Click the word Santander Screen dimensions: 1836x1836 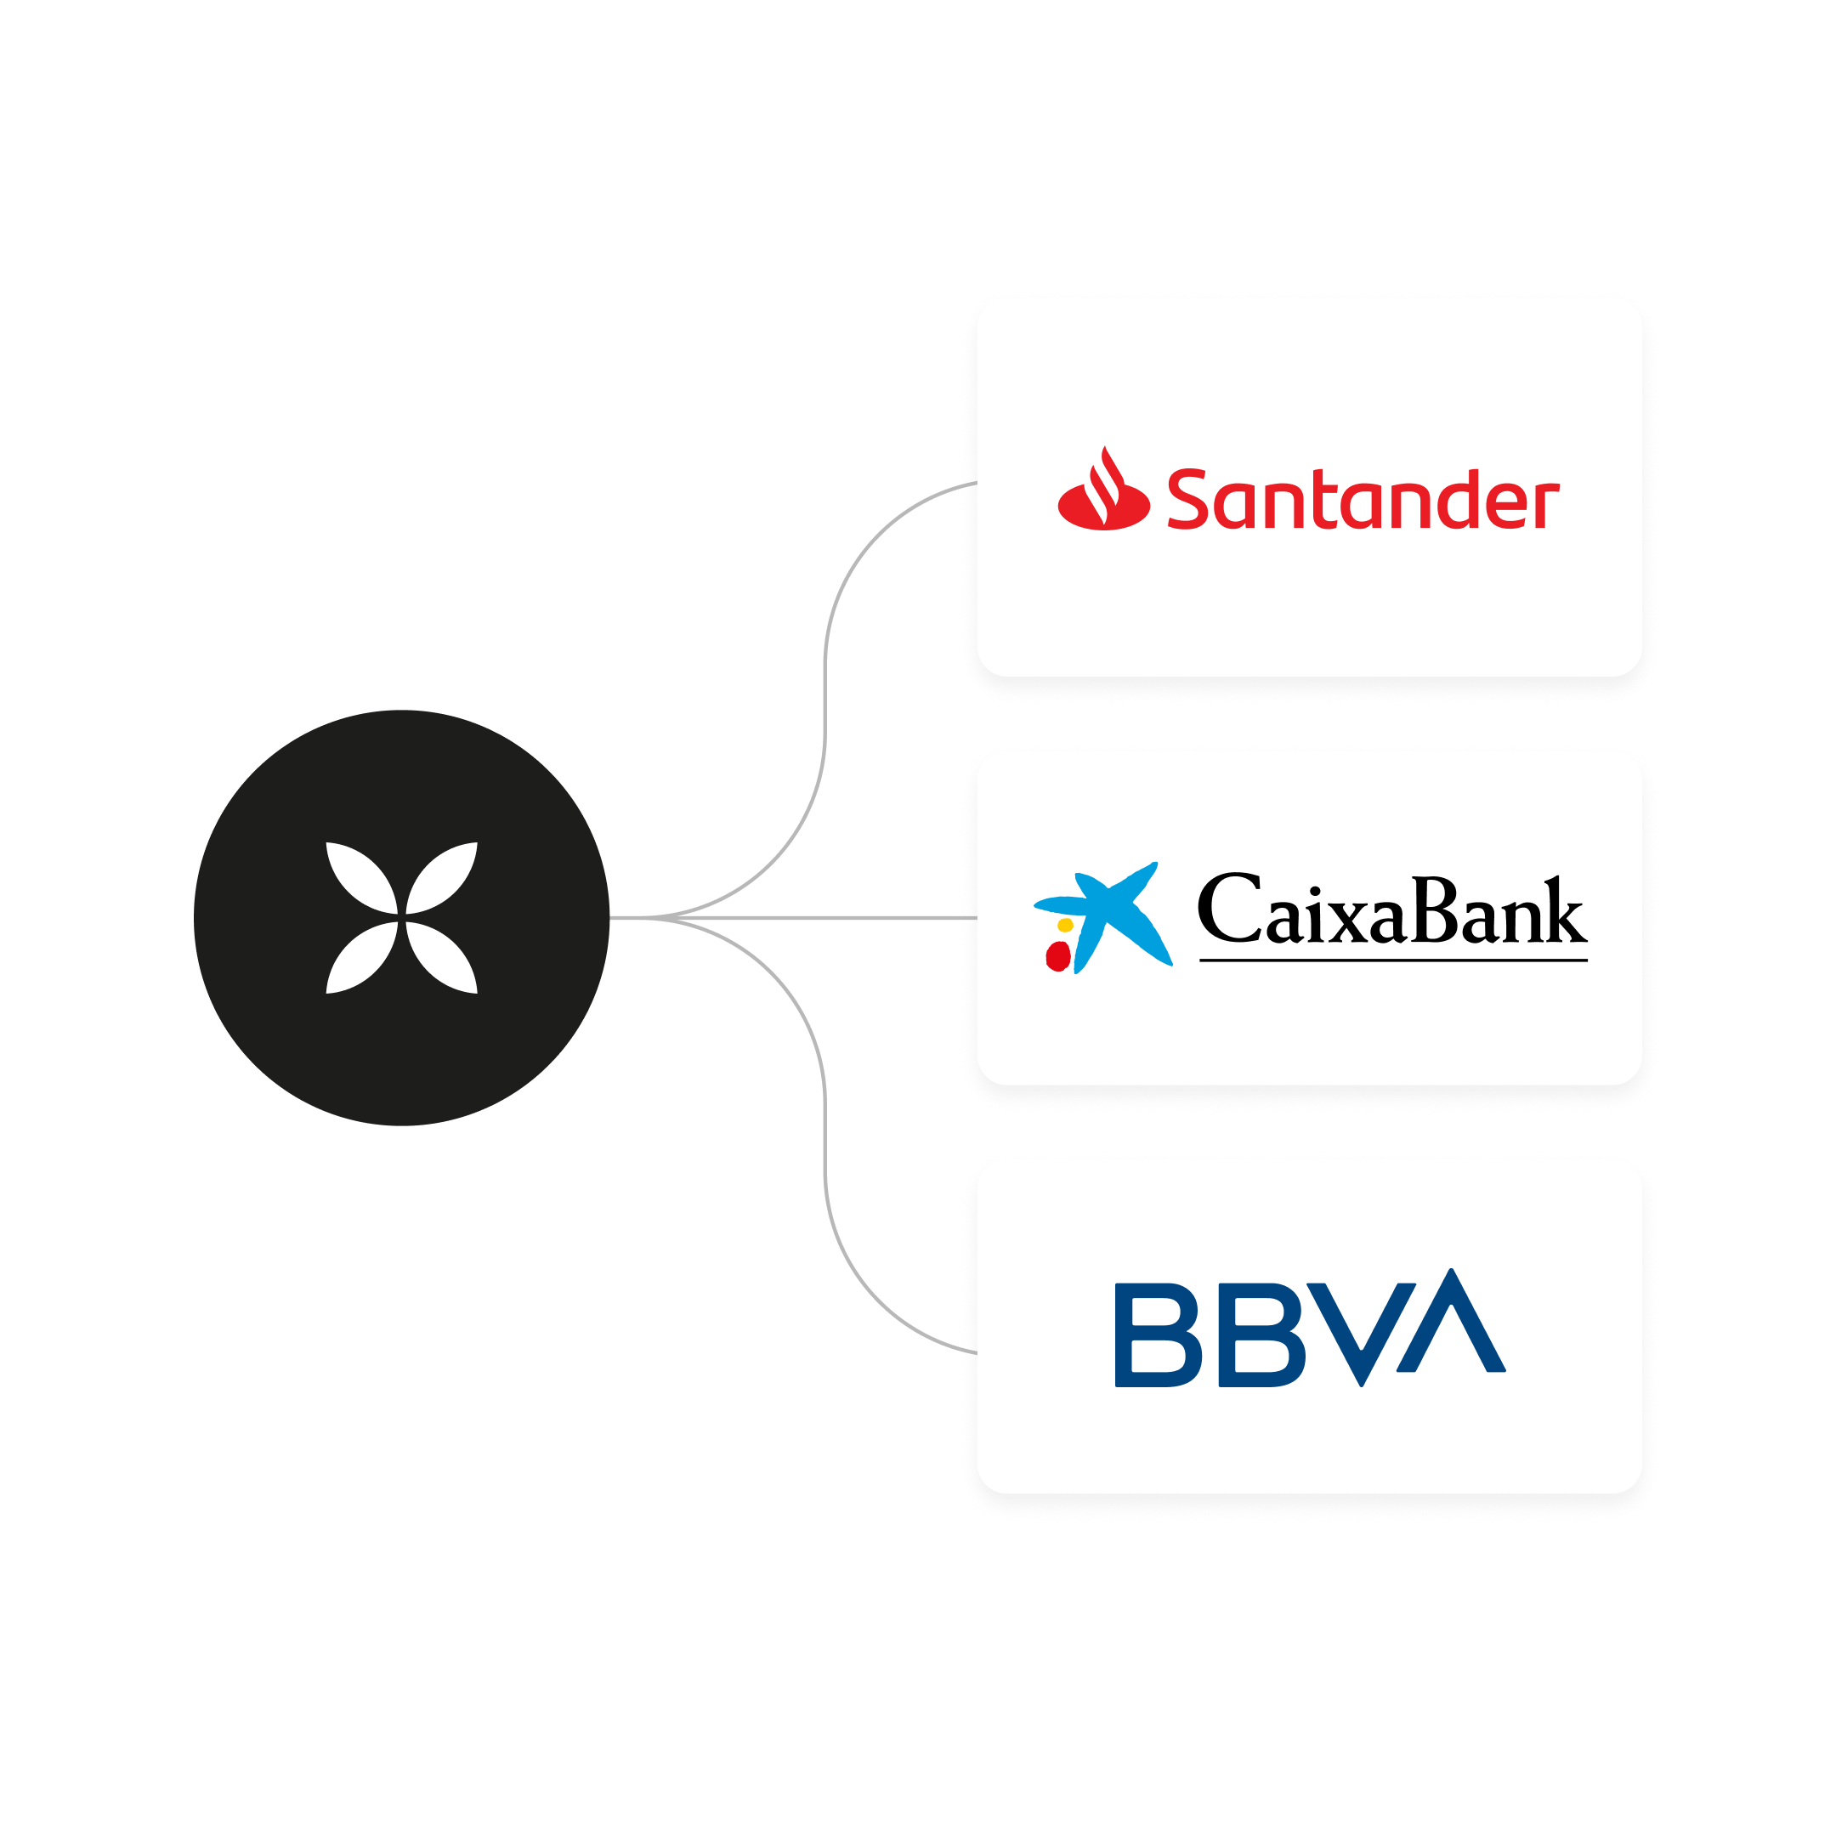[1362, 500]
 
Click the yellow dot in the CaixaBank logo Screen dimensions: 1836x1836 [1065, 925]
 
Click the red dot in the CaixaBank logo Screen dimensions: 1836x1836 [1057, 956]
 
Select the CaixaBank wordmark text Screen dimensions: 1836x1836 [1391, 910]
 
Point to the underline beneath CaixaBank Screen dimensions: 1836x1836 [1392, 960]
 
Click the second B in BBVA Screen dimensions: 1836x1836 [1262, 1335]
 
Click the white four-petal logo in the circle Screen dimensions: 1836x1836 [402, 918]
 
